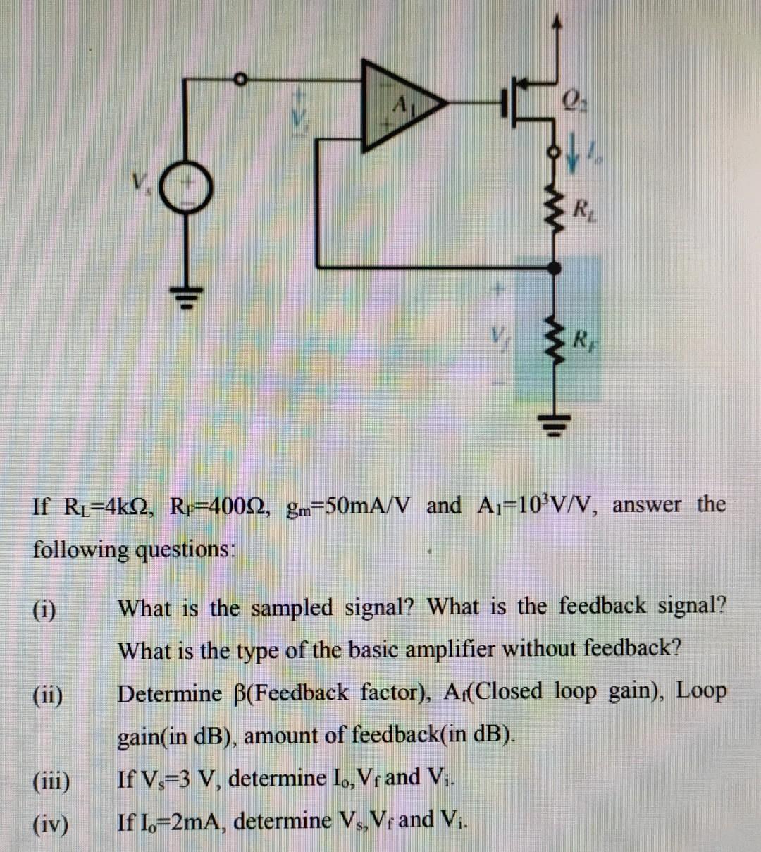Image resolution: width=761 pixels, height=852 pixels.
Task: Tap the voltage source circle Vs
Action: [187, 190]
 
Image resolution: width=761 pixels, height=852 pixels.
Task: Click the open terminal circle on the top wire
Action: [240, 78]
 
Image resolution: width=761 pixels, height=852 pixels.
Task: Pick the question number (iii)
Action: [51, 781]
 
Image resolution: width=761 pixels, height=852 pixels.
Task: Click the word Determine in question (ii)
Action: [169, 694]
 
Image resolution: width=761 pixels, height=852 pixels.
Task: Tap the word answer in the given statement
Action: [646, 505]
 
